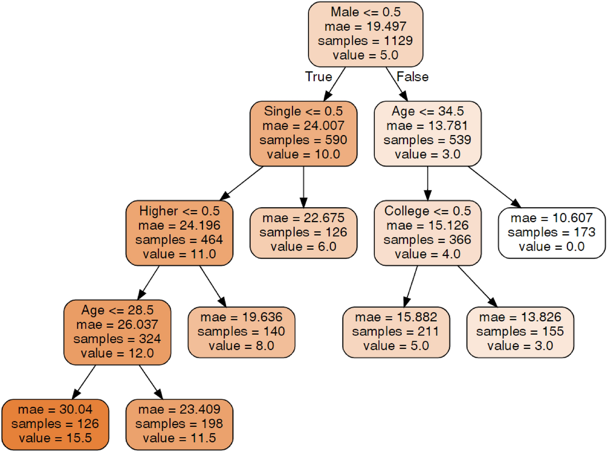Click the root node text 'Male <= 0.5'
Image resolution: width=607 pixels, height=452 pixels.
click(x=365, y=12)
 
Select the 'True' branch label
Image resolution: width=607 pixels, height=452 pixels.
click(x=319, y=77)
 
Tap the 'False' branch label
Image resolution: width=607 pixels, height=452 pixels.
click(x=412, y=77)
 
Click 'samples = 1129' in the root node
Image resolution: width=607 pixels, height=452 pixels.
click(x=365, y=41)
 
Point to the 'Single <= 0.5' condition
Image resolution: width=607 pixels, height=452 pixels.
click(x=303, y=111)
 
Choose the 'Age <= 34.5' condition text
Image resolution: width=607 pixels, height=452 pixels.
click(x=427, y=111)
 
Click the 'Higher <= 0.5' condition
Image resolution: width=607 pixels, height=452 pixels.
click(x=179, y=211)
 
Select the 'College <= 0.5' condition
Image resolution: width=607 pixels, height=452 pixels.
click(x=427, y=211)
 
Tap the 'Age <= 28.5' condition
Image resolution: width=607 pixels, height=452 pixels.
click(x=117, y=310)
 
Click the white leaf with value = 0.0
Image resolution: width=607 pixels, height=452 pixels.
click(x=551, y=233)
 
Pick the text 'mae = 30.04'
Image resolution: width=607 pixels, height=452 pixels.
click(x=55, y=409)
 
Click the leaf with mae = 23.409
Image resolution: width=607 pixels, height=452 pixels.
click(x=179, y=424)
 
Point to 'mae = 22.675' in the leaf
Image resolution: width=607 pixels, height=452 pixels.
click(x=303, y=218)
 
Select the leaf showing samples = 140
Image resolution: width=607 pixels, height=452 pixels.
click(x=241, y=332)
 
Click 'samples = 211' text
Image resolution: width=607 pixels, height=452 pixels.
click(x=396, y=332)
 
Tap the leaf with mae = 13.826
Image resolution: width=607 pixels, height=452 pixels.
click(x=520, y=332)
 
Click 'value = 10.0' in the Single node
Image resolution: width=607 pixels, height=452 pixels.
click(x=303, y=154)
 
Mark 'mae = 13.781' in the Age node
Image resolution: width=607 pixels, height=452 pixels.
click(x=427, y=126)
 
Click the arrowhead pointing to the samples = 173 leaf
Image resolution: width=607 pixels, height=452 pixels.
click(x=516, y=204)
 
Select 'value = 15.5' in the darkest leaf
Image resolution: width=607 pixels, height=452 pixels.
click(x=55, y=438)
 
